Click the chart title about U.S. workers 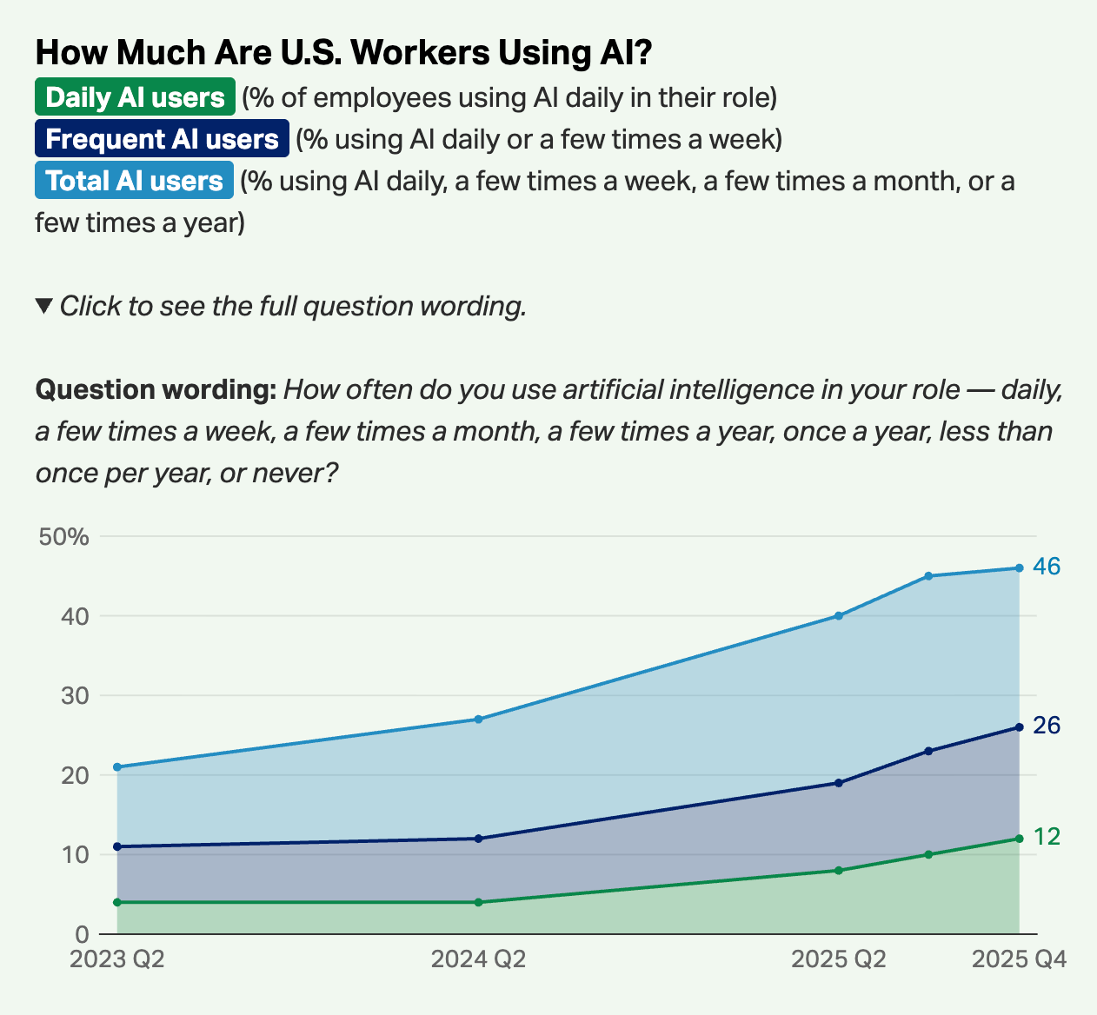click(x=343, y=53)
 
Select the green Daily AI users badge click(x=135, y=97)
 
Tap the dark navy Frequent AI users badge click(x=162, y=139)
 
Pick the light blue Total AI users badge click(x=134, y=181)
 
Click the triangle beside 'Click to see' click(x=44, y=306)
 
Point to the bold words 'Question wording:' click(x=156, y=389)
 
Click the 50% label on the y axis click(x=64, y=537)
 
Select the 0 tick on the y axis click(x=82, y=935)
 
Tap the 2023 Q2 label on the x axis click(x=117, y=959)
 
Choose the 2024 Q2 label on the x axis click(x=479, y=959)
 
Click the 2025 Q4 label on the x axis click(x=1019, y=959)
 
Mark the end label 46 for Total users click(x=1047, y=567)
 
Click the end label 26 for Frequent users click(x=1047, y=726)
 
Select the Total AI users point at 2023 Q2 click(x=117, y=767)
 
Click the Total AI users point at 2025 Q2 click(x=839, y=616)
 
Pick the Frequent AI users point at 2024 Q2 click(x=479, y=839)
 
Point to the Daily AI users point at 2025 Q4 click(x=1019, y=839)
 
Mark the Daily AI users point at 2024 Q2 click(x=479, y=902)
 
